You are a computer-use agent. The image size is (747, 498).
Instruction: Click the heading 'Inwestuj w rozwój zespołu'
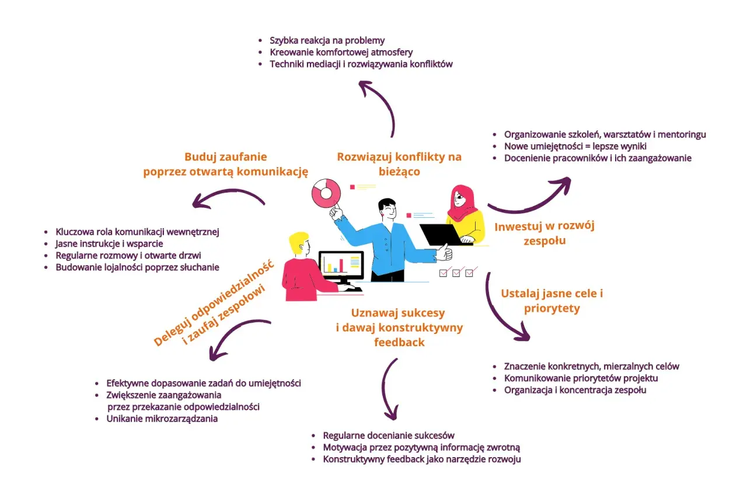pos(544,233)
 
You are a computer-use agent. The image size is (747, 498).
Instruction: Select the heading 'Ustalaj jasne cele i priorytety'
pos(552,301)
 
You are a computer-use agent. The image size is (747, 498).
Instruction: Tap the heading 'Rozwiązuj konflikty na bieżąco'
pos(399,164)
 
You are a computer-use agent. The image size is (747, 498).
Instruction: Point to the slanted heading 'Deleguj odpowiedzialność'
pos(214,303)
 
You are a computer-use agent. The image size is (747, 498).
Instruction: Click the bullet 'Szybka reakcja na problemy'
pos(327,41)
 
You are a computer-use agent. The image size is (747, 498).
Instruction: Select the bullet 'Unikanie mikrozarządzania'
pos(162,419)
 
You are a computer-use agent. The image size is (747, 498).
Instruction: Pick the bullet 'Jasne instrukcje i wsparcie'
pos(109,244)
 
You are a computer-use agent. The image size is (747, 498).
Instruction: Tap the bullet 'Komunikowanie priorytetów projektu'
pos(581,378)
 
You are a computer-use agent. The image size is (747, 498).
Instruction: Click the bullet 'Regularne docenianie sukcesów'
pos(389,436)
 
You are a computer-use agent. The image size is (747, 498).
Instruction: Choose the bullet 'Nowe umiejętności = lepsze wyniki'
pos(575,147)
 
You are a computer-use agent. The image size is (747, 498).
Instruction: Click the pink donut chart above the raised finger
pos(326,193)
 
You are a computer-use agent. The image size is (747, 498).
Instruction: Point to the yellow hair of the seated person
pos(298,241)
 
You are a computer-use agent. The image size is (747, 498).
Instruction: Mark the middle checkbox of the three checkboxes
pos(456,273)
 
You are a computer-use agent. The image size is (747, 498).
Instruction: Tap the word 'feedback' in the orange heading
pos(399,342)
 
